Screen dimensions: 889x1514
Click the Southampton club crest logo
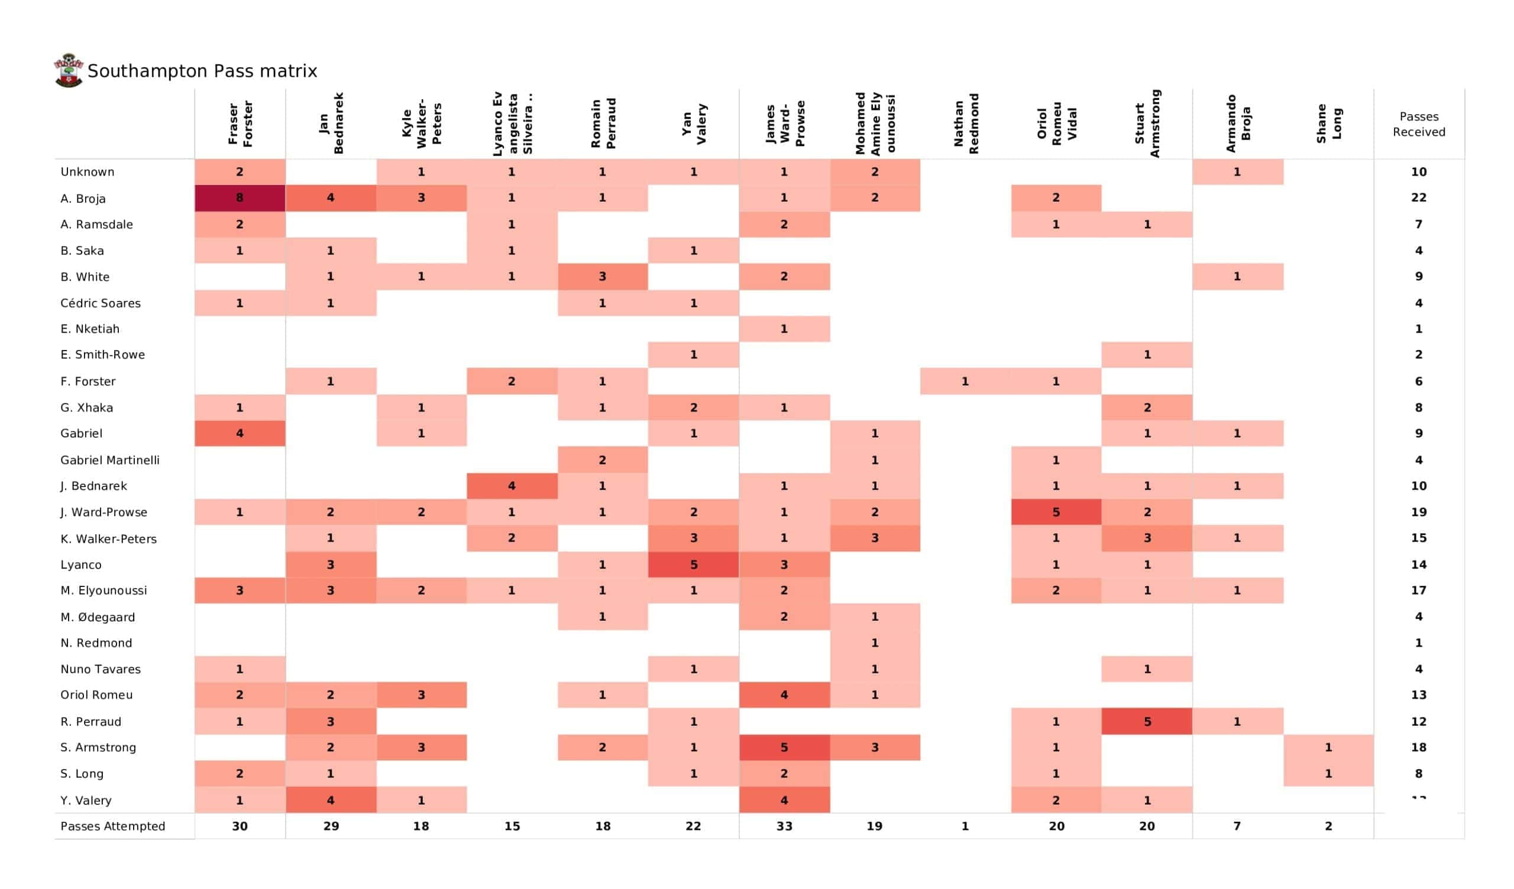click(68, 70)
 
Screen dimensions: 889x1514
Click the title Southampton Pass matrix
click(202, 71)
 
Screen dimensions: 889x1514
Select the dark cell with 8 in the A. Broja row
click(239, 197)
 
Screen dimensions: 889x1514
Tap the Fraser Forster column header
click(240, 123)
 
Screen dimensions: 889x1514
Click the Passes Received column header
click(1418, 124)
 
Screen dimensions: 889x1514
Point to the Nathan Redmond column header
click(966, 123)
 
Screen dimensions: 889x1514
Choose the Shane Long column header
click(1328, 123)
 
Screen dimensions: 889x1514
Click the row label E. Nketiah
click(89, 329)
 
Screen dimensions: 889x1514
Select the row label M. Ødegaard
click(98, 617)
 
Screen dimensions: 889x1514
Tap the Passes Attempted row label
click(112, 826)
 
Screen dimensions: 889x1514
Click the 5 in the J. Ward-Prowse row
click(1056, 512)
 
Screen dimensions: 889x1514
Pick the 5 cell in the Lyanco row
click(693, 564)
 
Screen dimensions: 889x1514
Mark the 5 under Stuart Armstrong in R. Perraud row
click(1146, 721)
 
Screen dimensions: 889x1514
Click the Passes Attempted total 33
click(784, 826)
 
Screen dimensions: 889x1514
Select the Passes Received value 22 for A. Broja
click(1418, 197)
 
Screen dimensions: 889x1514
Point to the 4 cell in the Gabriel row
click(239, 433)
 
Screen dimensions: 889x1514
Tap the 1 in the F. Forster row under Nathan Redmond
click(965, 381)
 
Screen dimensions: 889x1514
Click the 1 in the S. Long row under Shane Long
click(1328, 774)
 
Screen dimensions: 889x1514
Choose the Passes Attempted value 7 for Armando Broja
click(1237, 826)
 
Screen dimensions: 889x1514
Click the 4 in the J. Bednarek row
click(512, 485)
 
